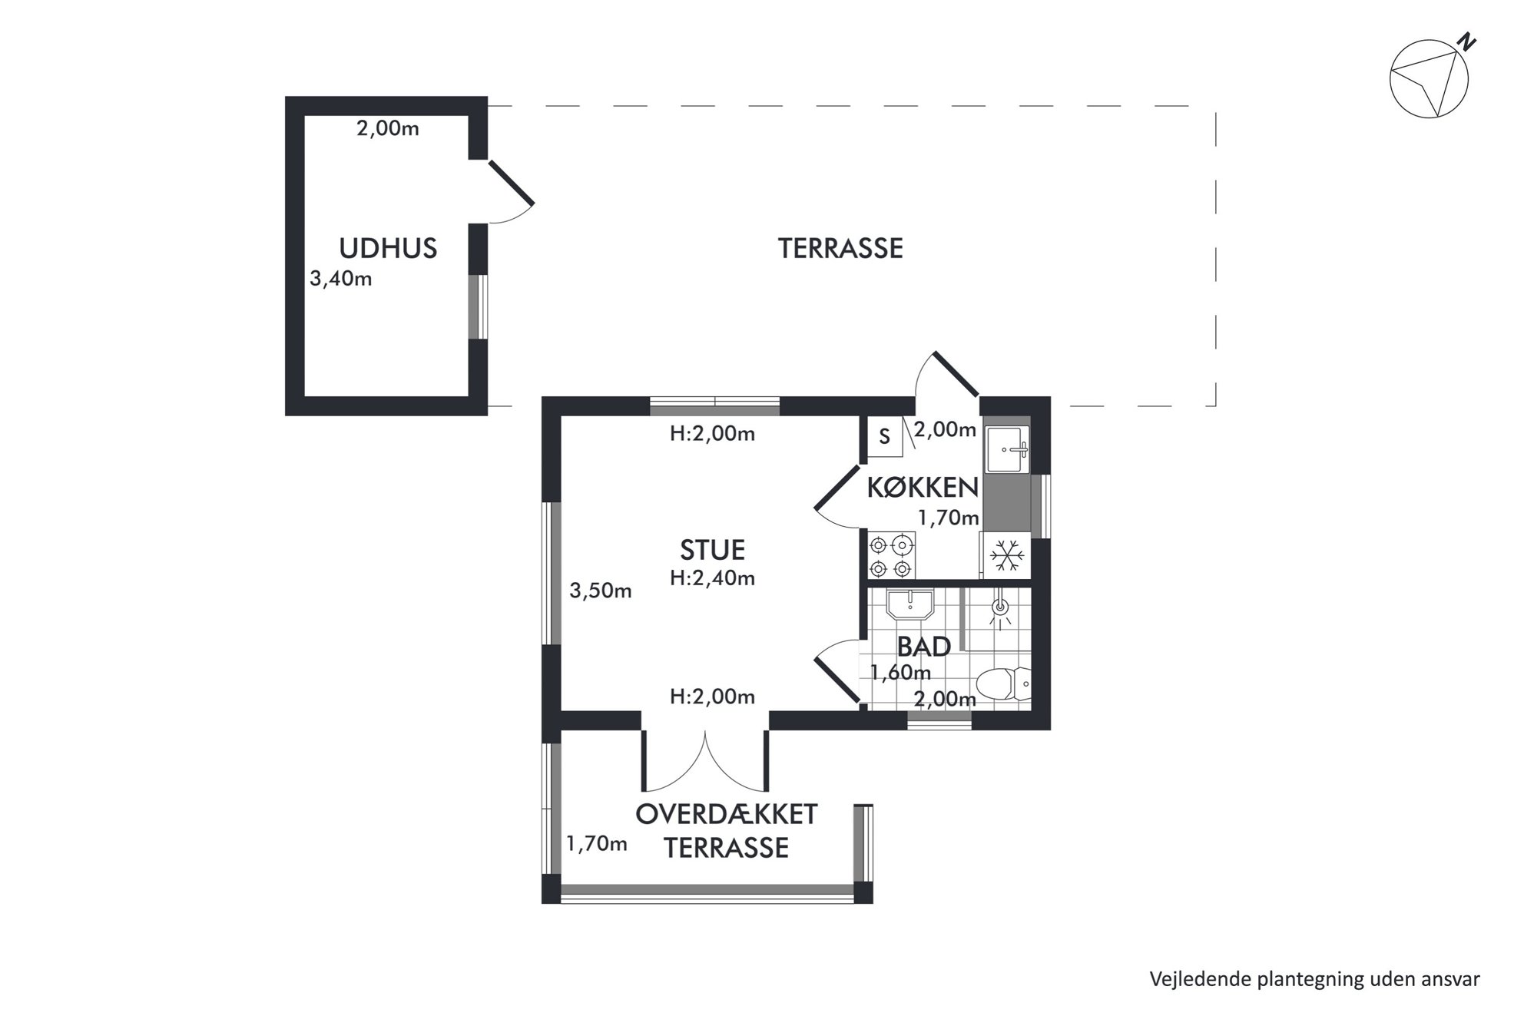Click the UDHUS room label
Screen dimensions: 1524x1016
pos(388,248)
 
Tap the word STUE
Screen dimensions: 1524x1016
pos(712,550)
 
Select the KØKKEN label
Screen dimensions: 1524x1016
pos(923,487)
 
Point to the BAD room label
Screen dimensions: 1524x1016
pos(924,647)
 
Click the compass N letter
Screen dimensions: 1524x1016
pos(1468,42)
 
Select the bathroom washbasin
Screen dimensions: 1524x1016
pos(909,604)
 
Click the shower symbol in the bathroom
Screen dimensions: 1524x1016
pos(999,607)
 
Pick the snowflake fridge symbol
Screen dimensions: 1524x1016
pos(1006,555)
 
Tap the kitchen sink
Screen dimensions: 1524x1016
pos(1007,450)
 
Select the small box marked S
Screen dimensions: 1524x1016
pos(885,437)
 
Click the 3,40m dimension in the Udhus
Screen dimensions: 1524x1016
pos(340,278)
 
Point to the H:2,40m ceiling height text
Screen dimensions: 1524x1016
pos(712,578)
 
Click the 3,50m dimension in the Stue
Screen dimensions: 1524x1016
pos(600,591)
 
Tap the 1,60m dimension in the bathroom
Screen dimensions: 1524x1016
pos(900,673)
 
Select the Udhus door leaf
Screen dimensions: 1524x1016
pos(511,183)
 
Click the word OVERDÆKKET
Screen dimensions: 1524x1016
pos(726,814)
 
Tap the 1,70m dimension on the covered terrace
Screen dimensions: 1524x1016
pos(596,844)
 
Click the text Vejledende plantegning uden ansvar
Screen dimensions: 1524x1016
pos(1314,979)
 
